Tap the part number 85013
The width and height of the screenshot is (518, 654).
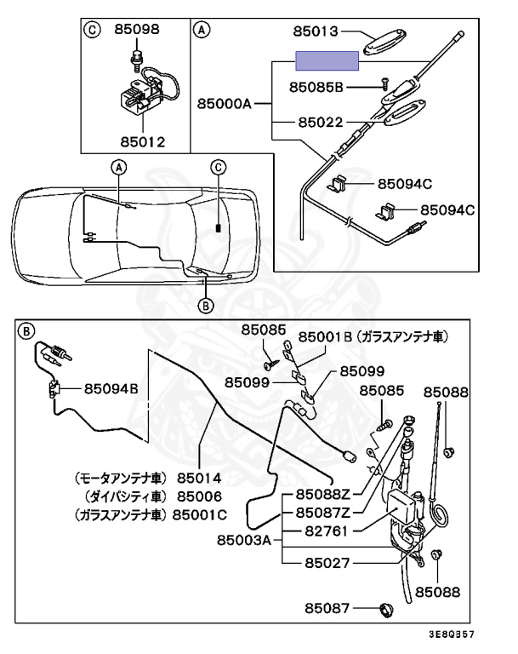tap(316, 32)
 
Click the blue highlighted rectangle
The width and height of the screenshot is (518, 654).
tap(326, 60)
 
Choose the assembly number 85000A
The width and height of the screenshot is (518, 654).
tap(225, 104)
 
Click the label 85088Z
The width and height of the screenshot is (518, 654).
tap(324, 494)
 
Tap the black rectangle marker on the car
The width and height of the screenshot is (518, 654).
tap(219, 228)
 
